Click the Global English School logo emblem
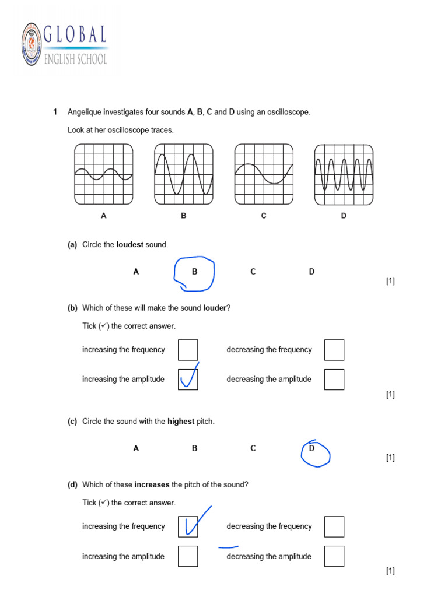[x=32, y=44]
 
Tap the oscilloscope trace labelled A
[x=104, y=175]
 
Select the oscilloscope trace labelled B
[x=184, y=175]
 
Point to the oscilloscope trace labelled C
[x=264, y=175]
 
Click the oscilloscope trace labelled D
[x=344, y=175]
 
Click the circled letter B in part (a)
[x=195, y=272]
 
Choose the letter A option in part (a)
[x=136, y=272]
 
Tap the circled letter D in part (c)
[x=312, y=449]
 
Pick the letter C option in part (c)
[x=253, y=449]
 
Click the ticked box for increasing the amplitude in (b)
[x=188, y=380]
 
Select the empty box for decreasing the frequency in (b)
[x=334, y=350]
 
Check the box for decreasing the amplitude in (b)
[x=334, y=380]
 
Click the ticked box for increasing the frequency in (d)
[x=188, y=526]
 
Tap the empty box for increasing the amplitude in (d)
[x=188, y=556]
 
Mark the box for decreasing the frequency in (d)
[x=334, y=526]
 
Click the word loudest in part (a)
[x=129, y=245]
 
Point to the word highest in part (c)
[x=181, y=422]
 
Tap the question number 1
[x=55, y=112]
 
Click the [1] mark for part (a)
[x=390, y=282]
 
